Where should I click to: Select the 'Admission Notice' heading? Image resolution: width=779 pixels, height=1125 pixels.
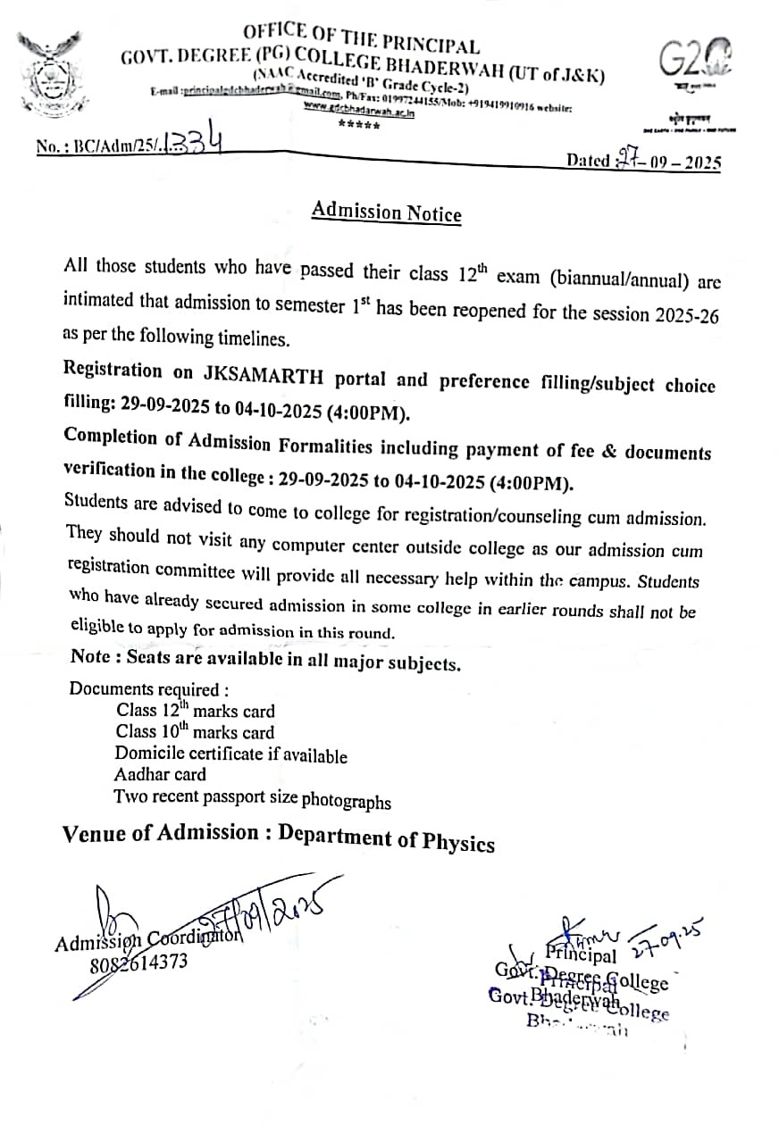[x=386, y=212]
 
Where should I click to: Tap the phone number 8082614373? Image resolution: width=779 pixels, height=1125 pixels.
[x=138, y=963]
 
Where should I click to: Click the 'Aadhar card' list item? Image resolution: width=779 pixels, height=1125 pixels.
[x=160, y=774]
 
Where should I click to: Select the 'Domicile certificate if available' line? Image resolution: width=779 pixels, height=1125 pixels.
[x=230, y=754]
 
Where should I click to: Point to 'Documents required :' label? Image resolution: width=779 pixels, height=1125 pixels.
[x=148, y=689]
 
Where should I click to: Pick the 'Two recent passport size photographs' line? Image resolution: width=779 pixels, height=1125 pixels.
[x=252, y=797]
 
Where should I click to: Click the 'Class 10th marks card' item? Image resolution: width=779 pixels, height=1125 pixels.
[x=195, y=732]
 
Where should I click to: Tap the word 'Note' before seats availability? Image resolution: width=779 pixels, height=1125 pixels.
[x=90, y=656]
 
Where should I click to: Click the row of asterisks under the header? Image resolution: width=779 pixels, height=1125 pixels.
[x=358, y=124]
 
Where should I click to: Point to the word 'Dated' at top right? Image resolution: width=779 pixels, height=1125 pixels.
[x=588, y=162]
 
